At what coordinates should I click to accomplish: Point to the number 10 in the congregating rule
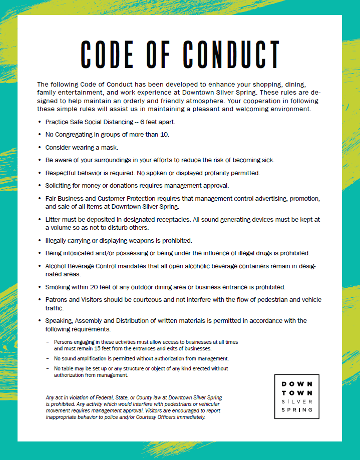coord(165,134)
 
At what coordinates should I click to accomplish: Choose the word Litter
coord(54,219)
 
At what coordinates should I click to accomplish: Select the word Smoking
coord(58,287)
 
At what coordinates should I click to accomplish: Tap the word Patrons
coord(57,299)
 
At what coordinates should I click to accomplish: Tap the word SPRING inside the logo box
coord(297,409)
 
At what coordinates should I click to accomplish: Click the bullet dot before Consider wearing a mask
coord(40,148)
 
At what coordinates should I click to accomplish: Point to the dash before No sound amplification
coord(48,358)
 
